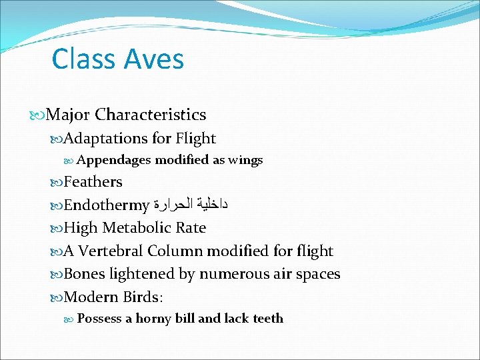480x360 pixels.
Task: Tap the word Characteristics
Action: click(x=150, y=115)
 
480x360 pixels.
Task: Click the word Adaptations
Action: click(x=105, y=139)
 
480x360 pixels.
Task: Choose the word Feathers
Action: click(x=93, y=182)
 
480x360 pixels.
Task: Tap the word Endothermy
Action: click(x=107, y=205)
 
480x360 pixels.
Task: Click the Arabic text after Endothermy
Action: click(x=190, y=205)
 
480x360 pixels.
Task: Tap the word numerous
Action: click(x=228, y=274)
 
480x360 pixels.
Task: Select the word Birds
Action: click(x=143, y=297)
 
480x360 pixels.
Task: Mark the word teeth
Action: click(x=268, y=319)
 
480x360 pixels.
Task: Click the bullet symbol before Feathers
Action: click(x=57, y=182)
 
